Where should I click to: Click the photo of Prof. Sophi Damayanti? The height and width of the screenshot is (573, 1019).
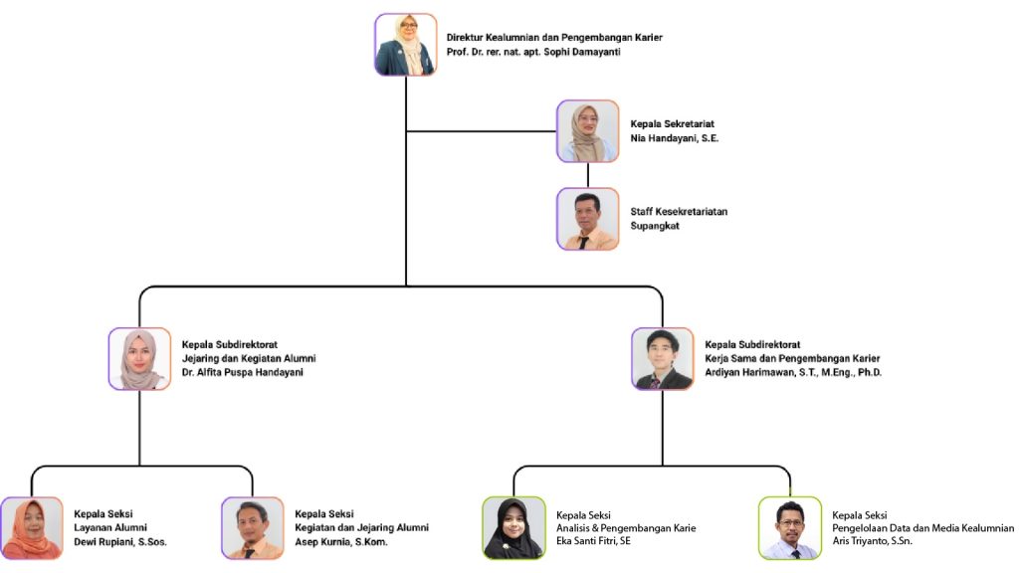click(x=406, y=45)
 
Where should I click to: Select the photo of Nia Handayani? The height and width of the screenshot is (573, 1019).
click(x=587, y=130)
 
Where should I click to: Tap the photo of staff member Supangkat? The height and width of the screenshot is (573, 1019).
click(x=587, y=218)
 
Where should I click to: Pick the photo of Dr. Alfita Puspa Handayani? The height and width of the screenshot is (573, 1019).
click(x=139, y=358)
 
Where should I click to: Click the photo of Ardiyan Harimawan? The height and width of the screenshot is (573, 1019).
click(x=662, y=358)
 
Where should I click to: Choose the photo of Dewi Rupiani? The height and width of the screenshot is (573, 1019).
click(x=32, y=527)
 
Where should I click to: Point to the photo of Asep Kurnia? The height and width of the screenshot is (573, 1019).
click(x=253, y=527)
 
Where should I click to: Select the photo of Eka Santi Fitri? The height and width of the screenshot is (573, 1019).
click(x=513, y=527)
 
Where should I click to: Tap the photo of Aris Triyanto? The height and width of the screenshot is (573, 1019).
click(x=789, y=527)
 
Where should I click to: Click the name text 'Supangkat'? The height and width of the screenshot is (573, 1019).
click(x=657, y=226)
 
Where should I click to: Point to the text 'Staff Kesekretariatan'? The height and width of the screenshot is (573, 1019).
click(x=679, y=212)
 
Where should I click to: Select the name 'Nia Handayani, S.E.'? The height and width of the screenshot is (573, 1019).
click(x=675, y=138)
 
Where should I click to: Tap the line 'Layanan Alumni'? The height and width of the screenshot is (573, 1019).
click(x=111, y=527)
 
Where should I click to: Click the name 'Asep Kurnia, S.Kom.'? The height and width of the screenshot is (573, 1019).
click(x=341, y=542)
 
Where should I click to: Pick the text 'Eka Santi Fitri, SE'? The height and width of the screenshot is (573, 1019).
click(x=594, y=541)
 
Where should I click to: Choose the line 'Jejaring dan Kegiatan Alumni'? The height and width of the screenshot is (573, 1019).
click(x=249, y=358)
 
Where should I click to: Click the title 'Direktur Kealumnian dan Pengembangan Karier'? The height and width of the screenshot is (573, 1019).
click(x=554, y=37)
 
